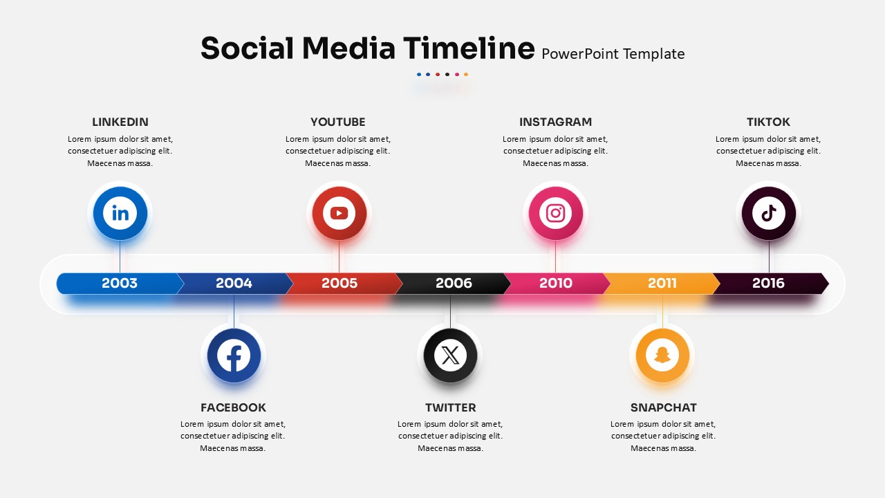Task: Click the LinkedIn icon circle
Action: click(x=120, y=214)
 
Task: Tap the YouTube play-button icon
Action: click(x=339, y=214)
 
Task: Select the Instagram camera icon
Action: click(x=555, y=214)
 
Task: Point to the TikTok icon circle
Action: click(x=768, y=214)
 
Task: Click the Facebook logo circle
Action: click(x=234, y=356)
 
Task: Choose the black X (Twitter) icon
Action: click(x=450, y=356)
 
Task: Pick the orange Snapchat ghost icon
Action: click(x=662, y=356)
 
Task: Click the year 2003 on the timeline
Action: click(x=120, y=283)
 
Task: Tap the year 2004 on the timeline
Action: click(x=234, y=283)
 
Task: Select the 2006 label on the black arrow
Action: click(x=454, y=283)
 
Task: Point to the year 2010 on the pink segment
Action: click(x=555, y=283)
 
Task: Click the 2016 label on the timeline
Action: click(x=768, y=283)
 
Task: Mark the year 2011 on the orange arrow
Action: click(x=662, y=283)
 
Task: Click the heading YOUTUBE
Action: click(x=338, y=122)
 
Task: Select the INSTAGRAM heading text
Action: click(x=555, y=122)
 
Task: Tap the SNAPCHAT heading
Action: click(x=663, y=407)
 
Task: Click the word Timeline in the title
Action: click(x=469, y=48)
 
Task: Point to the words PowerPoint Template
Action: click(x=613, y=54)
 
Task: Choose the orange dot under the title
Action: click(x=466, y=74)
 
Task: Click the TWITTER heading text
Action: click(x=450, y=407)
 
